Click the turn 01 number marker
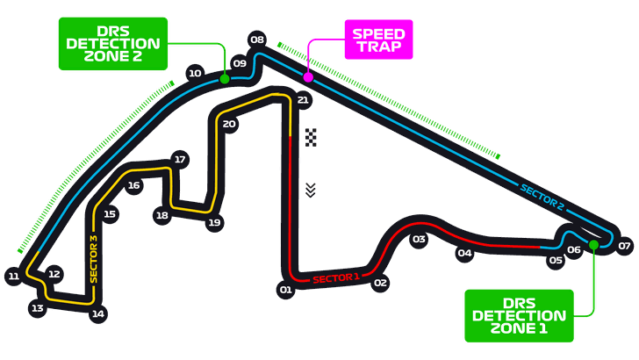pos(285,290)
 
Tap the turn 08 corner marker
pos(257,40)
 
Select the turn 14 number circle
pos(98,314)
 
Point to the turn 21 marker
pos(303,100)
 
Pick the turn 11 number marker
pos(14,277)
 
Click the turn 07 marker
pos(624,246)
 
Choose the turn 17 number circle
pos(180,160)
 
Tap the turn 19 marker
pos(214,223)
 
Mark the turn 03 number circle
pos(419,240)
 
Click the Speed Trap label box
pos(378,40)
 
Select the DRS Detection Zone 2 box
pos(113,44)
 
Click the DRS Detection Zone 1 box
pos(519,315)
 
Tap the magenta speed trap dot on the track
pos(308,76)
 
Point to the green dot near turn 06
pos(593,245)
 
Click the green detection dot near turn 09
pos(225,79)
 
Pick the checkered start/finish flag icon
pos(311,137)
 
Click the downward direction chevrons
pos(311,191)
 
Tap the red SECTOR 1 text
pos(336,278)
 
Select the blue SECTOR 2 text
pos(542,198)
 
